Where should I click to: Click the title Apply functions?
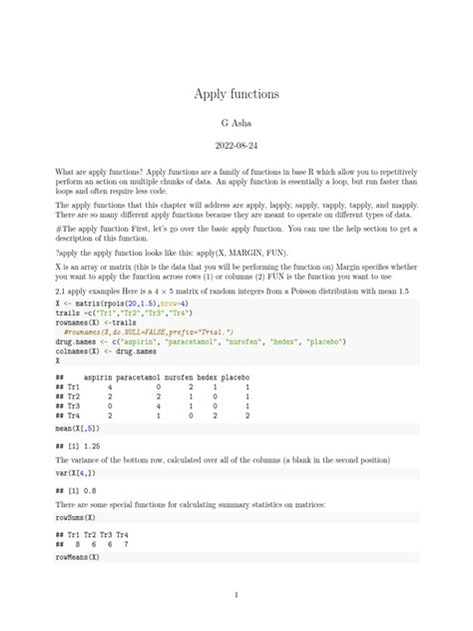pos(236,94)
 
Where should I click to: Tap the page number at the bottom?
pos(236,596)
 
